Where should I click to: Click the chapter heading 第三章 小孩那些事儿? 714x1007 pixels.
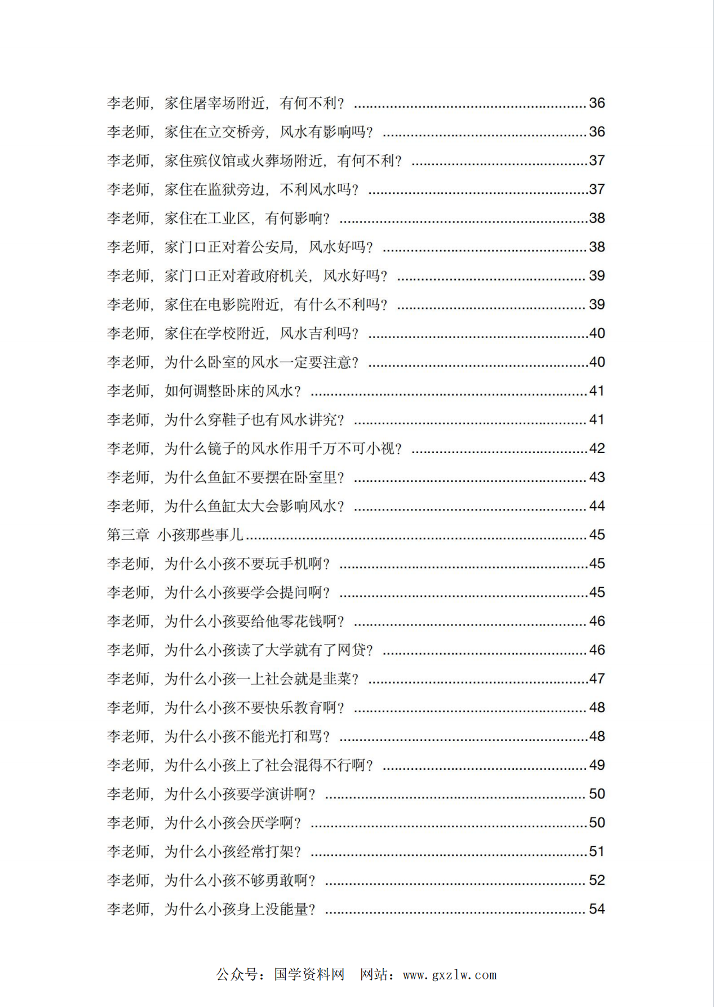coord(175,535)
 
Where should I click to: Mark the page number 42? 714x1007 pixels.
coord(597,449)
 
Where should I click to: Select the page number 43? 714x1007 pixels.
coord(597,477)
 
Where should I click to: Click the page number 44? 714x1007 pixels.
coord(597,506)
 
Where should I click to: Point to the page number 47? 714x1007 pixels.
coord(597,678)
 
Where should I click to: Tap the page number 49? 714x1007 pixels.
coord(597,765)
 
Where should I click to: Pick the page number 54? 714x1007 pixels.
coord(597,909)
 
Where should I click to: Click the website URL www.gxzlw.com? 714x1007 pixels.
coord(450,975)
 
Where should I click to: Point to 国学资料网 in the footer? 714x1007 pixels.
coord(309,975)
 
